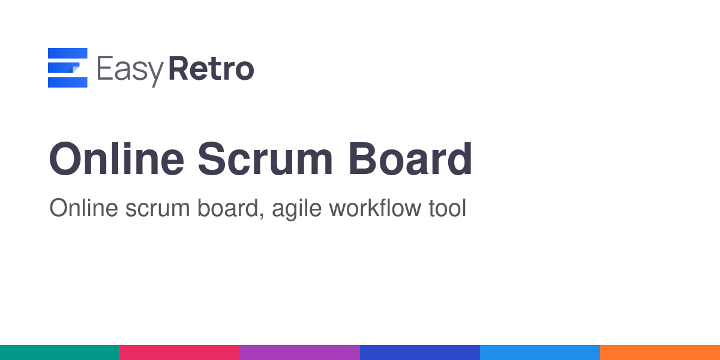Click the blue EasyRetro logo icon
tap(67, 67)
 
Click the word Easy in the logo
tap(130, 71)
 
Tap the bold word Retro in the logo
tap(211, 68)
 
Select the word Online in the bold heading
tap(116, 159)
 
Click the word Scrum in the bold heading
tap(265, 159)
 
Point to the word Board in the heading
tap(410, 159)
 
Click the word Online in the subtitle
tap(83, 208)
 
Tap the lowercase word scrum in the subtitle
tap(157, 211)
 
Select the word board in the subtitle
tap(228, 208)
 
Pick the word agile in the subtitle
tap(296, 209)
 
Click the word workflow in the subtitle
tap(375, 208)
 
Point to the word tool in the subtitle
tap(448, 208)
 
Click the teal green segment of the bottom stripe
tap(60, 353)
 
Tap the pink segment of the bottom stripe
tap(180, 353)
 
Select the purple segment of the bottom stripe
tap(300, 353)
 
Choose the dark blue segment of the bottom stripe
tap(420, 353)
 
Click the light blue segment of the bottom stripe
tap(540, 353)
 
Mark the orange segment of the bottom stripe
tap(660, 353)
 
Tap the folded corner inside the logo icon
tap(74, 69)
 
